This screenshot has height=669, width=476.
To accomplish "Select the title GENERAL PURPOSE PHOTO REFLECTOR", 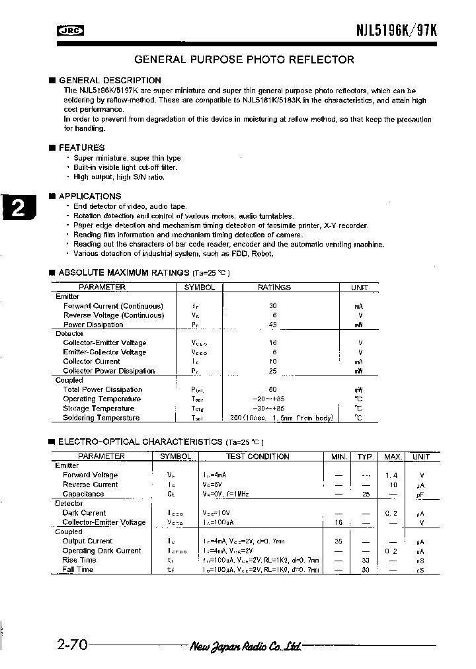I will (244, 59).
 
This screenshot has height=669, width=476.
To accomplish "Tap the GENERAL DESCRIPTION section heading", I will (110, 81).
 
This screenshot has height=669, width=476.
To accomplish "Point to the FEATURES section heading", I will (81, 147).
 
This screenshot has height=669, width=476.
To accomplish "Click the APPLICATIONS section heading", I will (90, 196).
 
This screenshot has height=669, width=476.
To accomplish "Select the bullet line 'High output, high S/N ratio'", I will (119, 177).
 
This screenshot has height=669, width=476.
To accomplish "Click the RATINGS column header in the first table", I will (274, 288).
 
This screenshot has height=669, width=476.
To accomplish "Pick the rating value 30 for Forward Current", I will (273, 306).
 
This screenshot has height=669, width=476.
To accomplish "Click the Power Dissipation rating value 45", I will (273, 325).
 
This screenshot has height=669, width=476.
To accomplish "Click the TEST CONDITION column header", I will (257, 457).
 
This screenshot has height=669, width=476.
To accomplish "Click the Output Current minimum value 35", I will (338, 541).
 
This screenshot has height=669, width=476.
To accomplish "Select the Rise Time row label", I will (79, 560).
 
